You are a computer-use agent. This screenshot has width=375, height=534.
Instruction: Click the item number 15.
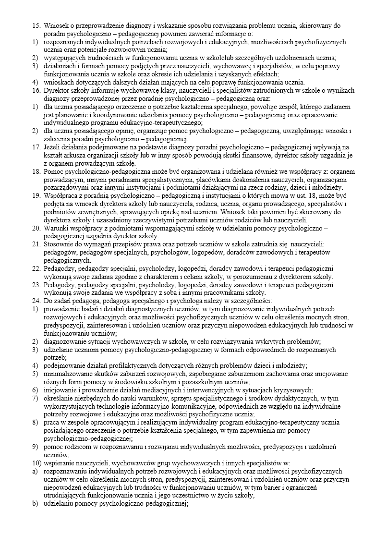[36, 25]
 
